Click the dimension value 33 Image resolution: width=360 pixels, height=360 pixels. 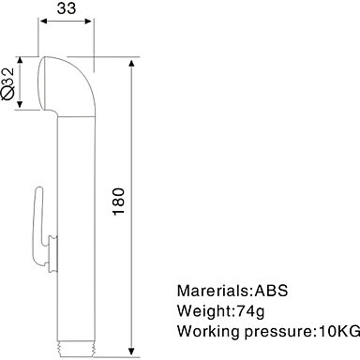tap(67, 8)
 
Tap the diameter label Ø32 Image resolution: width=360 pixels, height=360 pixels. tap(7, 83)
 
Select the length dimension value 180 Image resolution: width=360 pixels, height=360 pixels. tap(119, 201)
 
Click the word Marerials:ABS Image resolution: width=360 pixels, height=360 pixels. tap(232, 291)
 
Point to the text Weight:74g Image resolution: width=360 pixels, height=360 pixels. tap(220, 311)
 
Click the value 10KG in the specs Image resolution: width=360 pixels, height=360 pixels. tap(338, 331)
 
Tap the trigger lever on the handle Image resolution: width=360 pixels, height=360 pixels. tap(38, 226)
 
